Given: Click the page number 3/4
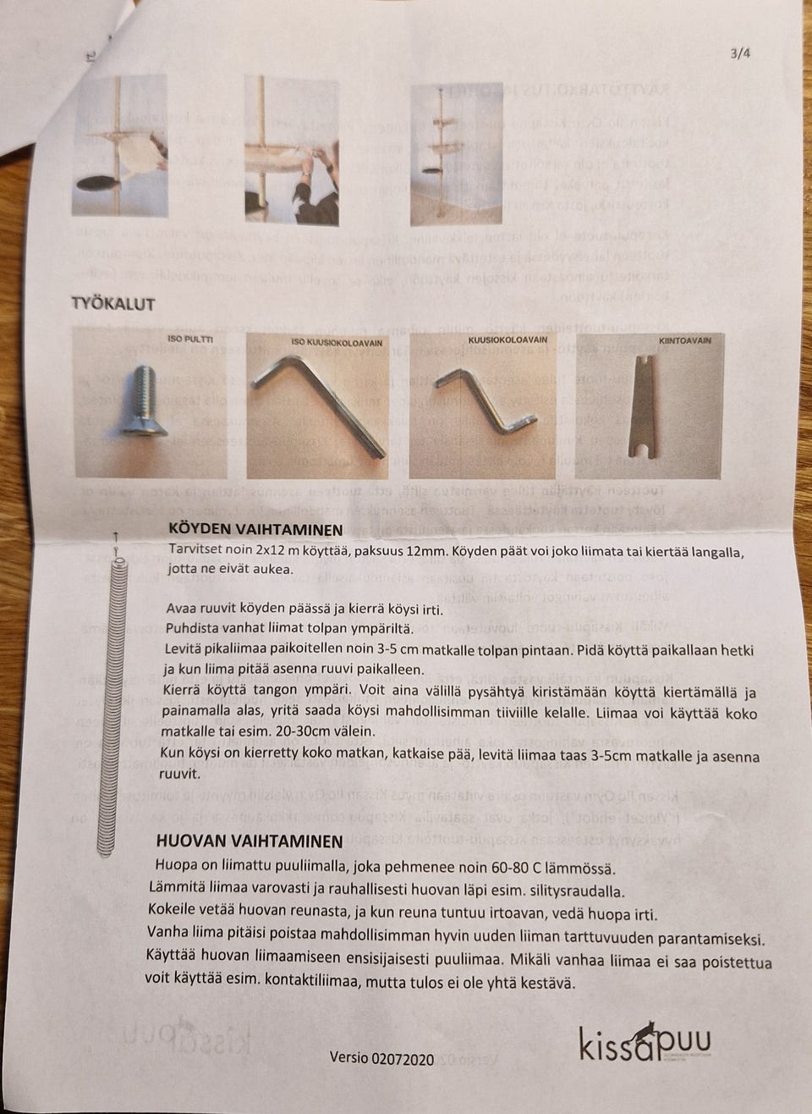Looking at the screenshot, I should click(x=739, y=52).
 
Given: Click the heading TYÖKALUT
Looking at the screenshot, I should click(x=112, y=304).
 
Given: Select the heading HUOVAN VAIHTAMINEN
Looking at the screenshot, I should click(x=249, y=841).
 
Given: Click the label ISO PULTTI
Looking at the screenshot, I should click(x=190, y=340).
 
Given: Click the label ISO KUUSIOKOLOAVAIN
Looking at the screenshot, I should click(x=337, y=343).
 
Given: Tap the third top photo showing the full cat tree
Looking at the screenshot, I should click(x=443, y=154).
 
